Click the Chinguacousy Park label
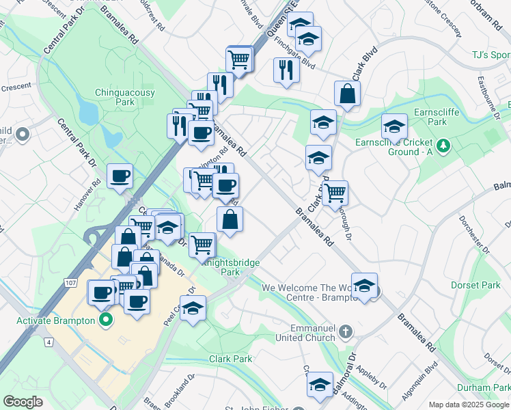(x=125, y=97)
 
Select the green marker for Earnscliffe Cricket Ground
(x=443, y=145)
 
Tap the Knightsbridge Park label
(x=230, y=266)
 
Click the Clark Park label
(x=230, y=359)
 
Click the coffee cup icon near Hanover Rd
(x=120, y=177)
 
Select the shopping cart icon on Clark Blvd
(x=335, y=193)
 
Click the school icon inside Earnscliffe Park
(x=394, y=126)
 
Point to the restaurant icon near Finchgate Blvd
(x=286, y=70)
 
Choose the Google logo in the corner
(x=23, y=402)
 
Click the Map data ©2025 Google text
(x=469, y=405)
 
